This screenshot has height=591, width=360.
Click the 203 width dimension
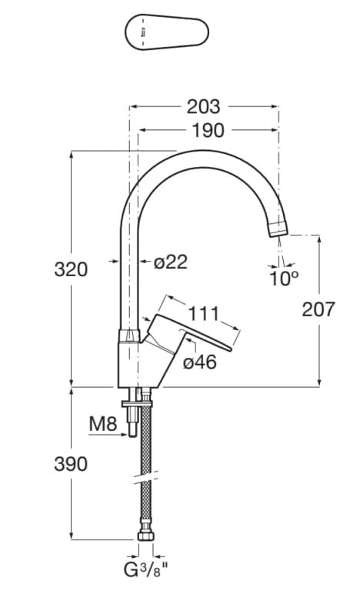[204, 107]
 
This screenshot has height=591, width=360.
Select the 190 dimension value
[208, 131]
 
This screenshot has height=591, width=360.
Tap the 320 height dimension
[71, 269]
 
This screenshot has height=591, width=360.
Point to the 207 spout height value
[318, 309]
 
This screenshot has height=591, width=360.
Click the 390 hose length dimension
[71, 464]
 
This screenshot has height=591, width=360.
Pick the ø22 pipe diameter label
[170, 262]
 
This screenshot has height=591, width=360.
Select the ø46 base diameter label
[200, 362]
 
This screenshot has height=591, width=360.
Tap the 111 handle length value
[203, 313]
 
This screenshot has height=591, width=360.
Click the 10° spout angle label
[283, 279]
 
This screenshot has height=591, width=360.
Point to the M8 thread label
[104, 422]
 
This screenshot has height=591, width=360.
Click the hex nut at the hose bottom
[145, 536]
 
